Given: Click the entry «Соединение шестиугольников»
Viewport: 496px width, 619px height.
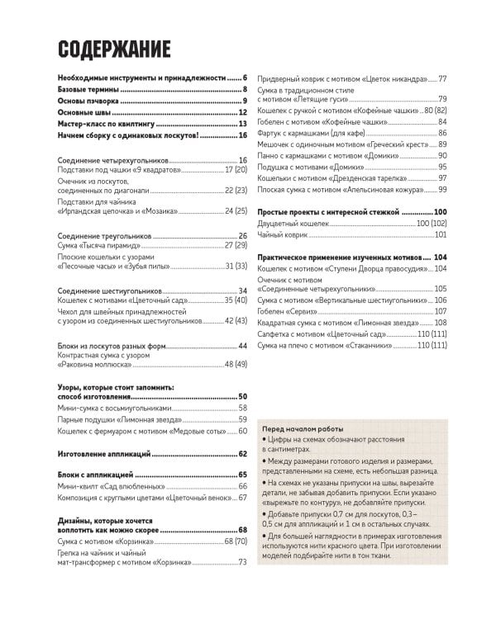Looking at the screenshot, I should point(112,291).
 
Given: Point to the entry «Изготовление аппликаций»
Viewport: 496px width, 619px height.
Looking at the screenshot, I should point(104,453).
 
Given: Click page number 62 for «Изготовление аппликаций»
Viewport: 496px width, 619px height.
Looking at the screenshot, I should point(243,453).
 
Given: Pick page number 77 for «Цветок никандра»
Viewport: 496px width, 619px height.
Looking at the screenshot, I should point(442,78).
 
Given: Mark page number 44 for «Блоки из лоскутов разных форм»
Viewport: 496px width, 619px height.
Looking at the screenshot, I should point(243,345).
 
